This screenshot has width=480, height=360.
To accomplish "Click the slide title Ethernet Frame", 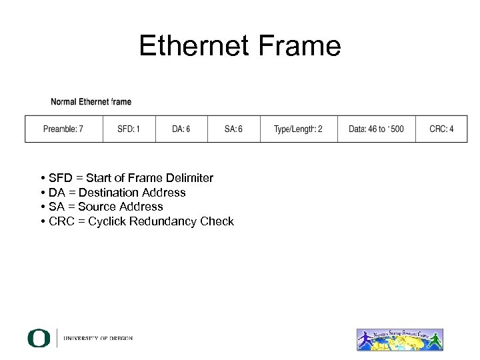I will [x=240, y=46].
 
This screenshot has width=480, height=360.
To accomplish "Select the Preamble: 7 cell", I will [x=63, y=129].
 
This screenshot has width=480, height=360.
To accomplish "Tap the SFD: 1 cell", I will [x=129, y=129].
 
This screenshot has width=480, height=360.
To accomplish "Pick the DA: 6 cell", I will [x=181, y=129].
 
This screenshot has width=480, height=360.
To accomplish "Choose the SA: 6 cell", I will [x=233, y=129].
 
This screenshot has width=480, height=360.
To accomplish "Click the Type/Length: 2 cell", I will [x=298, y=129].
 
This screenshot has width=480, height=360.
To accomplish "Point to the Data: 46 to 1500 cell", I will [x=376, y=129].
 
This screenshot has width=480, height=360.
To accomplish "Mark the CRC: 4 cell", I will [x=441, y=129].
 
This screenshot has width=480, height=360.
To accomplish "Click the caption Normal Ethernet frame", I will [x=91, y=102].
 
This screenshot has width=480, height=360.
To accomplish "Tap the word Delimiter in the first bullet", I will [x=191, y=178].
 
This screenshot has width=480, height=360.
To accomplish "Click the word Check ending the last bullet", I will [x=217, y=221].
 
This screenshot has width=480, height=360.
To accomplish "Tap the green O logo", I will [x=39, y=338].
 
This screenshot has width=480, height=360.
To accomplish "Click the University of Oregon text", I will [x=98, y=339].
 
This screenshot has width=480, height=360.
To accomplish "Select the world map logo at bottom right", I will [x=400, y=339].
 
